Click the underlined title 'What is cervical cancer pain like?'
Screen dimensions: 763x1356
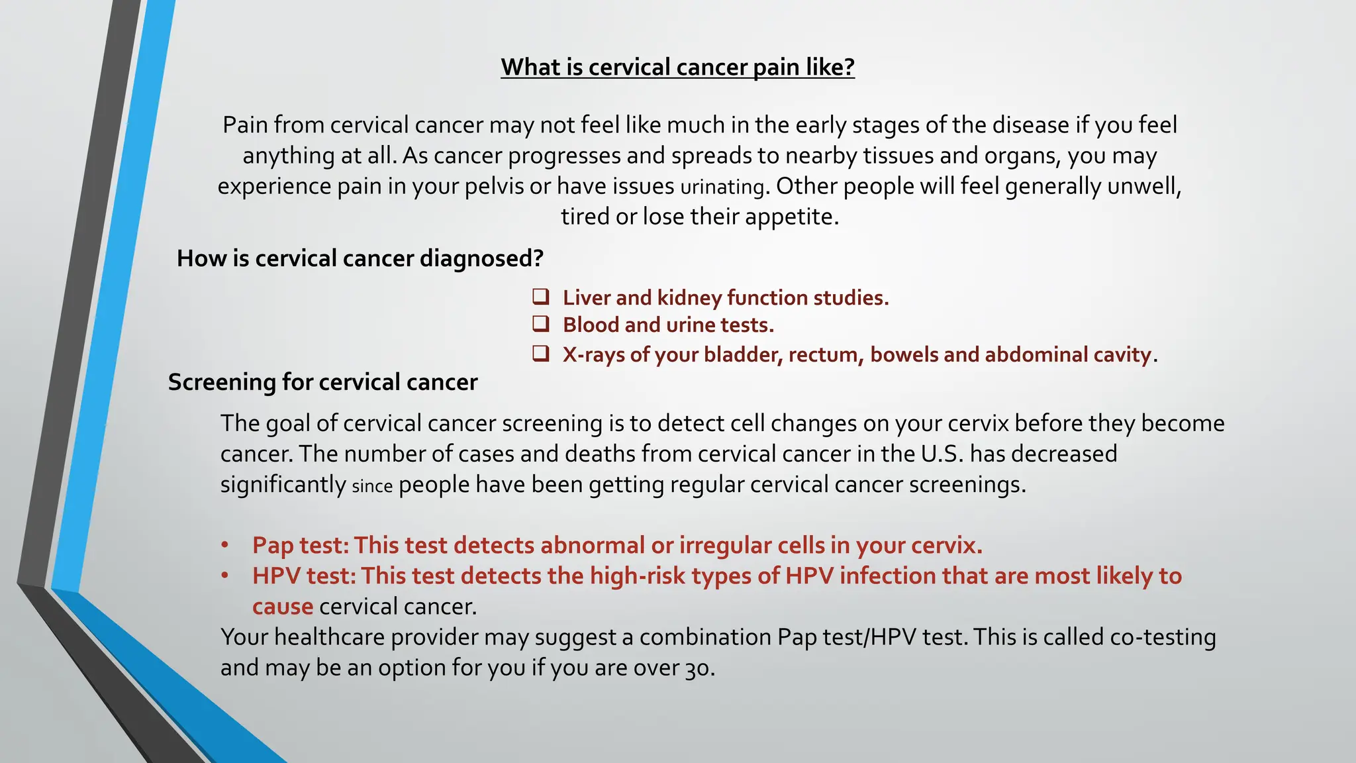pos(677,67)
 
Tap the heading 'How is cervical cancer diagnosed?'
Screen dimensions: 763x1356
pos(360,258)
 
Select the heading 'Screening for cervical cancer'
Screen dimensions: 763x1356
pos(322,382)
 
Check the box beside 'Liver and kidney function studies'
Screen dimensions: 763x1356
pos(541,296)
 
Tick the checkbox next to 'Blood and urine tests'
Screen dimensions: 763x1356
pos(541,324)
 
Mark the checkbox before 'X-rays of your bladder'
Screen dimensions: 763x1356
pos(541,354)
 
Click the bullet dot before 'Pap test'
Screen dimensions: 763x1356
pos(225,545)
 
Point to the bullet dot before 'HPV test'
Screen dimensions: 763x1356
pos(225,576)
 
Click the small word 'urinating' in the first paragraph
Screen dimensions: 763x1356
pos(722,187)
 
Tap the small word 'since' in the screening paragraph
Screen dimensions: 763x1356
pos(372,486)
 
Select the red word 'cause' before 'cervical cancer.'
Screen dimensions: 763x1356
pos(283,607)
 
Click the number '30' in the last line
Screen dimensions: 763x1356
pos(695,668)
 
